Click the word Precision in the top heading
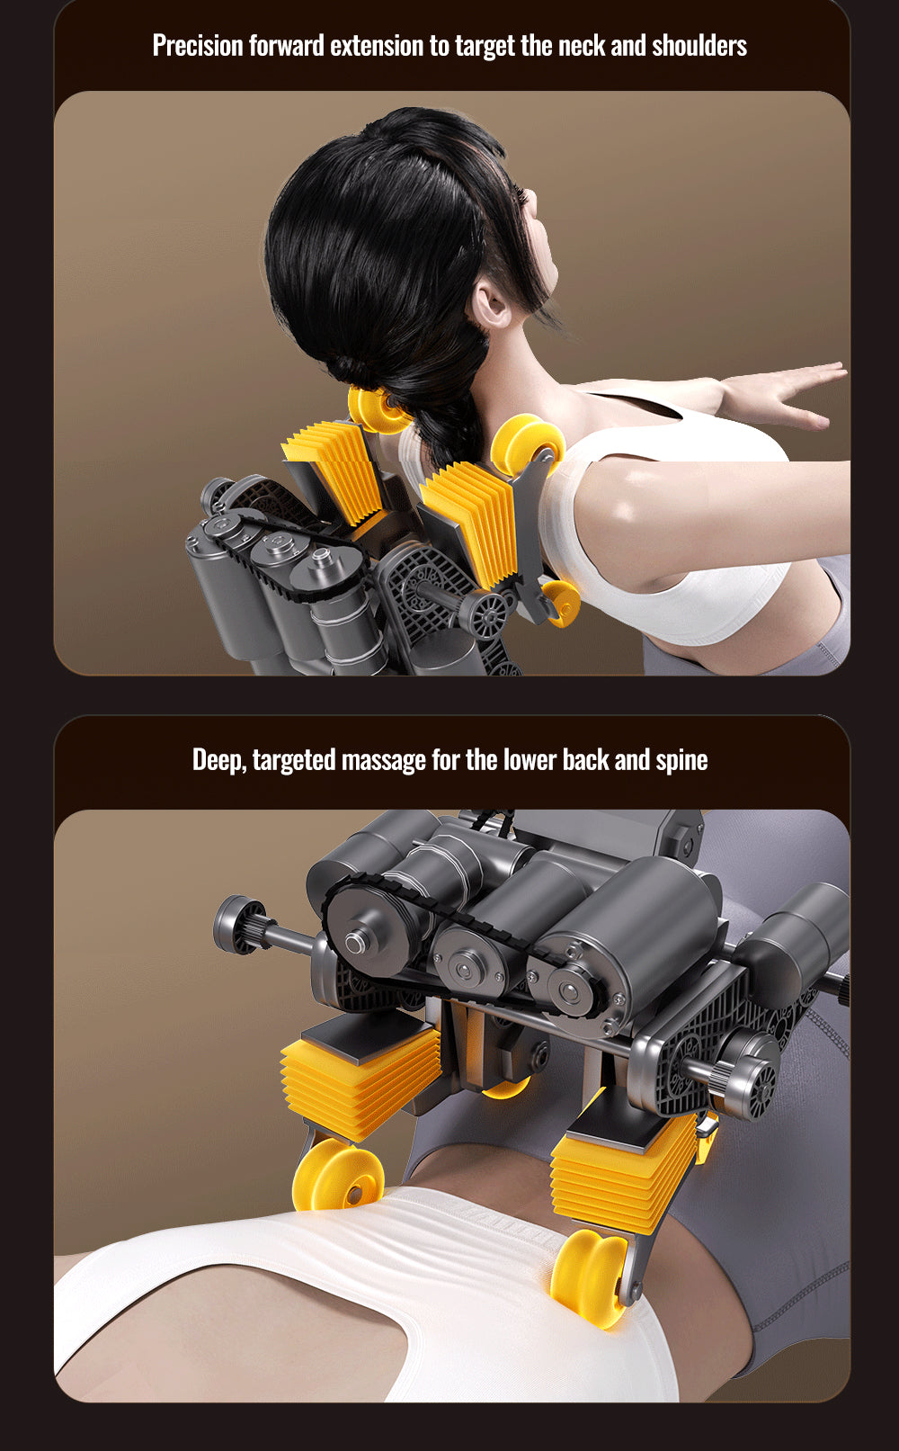pos(198,46)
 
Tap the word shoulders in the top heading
pos(699,46)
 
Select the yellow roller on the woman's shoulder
pos(528,445)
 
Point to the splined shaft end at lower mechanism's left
pos(238,925)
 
